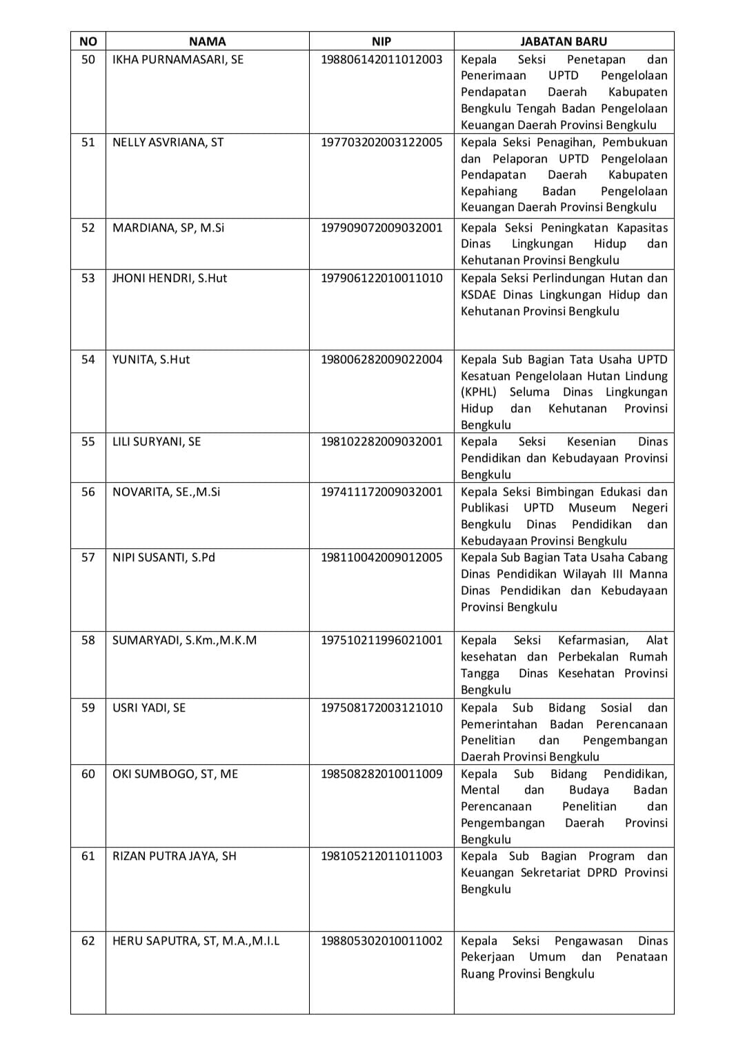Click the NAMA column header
click(x=207, y=41)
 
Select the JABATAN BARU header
click(x=564, y=41)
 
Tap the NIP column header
click(x=381, y=41)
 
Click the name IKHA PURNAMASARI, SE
click(x=178, y=59)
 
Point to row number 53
click(x=88, y=278)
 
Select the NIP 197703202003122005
click(x=381, y=142)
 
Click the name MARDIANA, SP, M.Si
click(x=168, y=228)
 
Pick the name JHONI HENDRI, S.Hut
click(x=170, y=278)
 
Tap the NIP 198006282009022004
click(x=381, y=359)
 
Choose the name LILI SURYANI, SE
click(x=157, y=441)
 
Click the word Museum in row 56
click(x=592, y=508)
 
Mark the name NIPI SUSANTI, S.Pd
click(x=163, y=557)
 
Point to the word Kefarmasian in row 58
click(x=593, y=640)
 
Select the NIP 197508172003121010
click(x=381, y=708)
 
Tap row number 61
click(x=88, y=856)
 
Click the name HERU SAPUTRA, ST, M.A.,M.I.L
click(x=196, y=941)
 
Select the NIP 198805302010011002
click(x=381, y=941)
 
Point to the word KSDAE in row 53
click(x=479, y=294)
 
